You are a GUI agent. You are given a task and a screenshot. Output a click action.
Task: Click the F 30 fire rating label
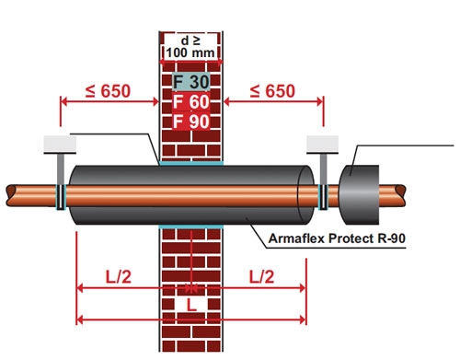[191, 82]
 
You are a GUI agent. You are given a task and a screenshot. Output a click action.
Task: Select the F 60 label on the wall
[191, 101]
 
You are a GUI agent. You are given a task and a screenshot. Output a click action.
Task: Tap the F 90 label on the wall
[191, 122]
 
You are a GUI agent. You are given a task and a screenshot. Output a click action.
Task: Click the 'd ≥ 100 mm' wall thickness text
[190, 47]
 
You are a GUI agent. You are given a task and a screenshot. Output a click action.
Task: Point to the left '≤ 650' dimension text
[108, 91]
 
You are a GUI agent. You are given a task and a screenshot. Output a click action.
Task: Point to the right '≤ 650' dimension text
[272, 91]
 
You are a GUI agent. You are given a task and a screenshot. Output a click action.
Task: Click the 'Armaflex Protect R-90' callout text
[337, 238]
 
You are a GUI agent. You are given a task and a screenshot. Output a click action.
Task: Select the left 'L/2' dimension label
[119, 276]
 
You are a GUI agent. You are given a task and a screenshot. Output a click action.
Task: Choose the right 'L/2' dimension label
[261, 276]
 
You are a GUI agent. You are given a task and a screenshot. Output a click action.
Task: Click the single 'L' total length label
[191, 305]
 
